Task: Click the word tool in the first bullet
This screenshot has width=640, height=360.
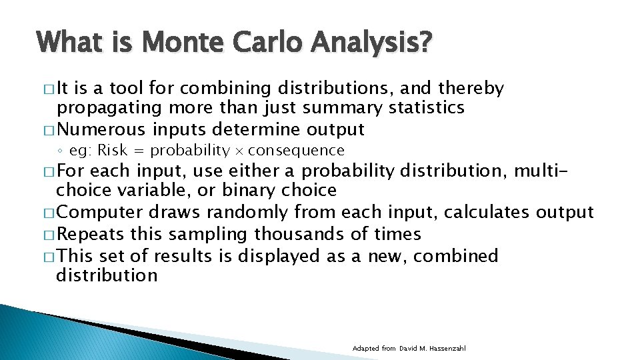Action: pyautogui.click(x=127, y=89)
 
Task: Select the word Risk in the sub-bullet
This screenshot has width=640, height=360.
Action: pyautogui.click(x=113, y=151)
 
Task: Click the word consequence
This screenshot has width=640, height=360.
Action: pyautogui.click(x=296, y=151)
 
